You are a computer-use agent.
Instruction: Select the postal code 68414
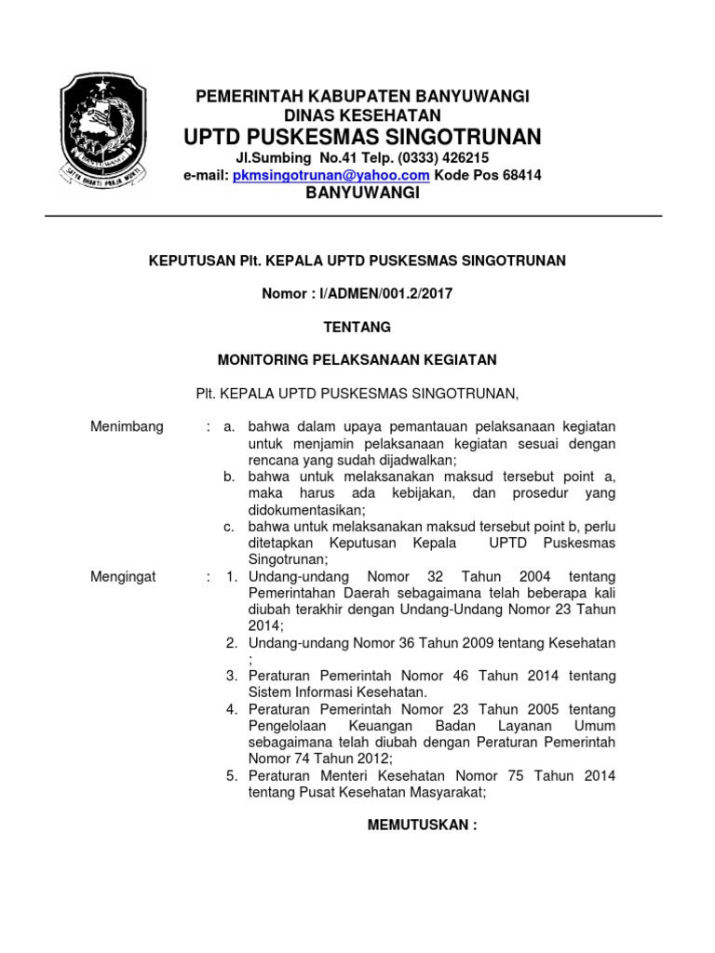click(x=520, y=175)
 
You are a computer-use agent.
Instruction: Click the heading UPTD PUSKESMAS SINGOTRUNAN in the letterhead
click(x=361, y=137)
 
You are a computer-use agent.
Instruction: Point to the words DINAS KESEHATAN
click(x=361, y=115)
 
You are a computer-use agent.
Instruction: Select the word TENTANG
click(x=357, y=328)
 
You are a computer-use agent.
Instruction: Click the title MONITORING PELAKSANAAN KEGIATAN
click(x=357, y=359)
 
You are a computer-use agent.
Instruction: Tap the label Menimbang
click(x=127, y=426)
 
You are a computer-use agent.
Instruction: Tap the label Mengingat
click(x=123, y=577)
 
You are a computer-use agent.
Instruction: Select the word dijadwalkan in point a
click(x=409, y=460)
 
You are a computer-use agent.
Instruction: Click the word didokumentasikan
click(x=305, y=510)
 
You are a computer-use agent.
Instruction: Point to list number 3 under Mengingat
click(x=231, y=678)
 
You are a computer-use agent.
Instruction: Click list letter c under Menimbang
click(x=228, y=527)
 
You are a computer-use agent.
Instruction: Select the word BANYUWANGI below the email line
click(x=364, y=193)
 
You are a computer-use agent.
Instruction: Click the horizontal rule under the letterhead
click(x=357, y=216)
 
